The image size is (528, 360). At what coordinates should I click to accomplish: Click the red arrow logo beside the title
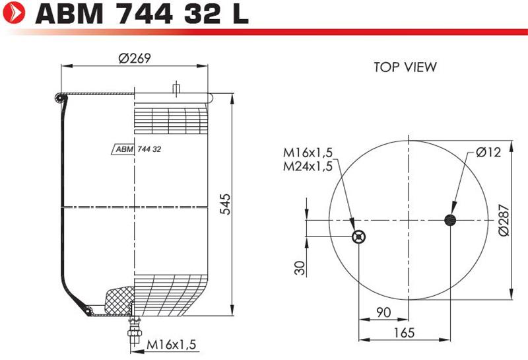click(x=14, y=13)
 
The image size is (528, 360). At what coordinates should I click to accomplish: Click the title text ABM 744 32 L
click(x=142, y=13)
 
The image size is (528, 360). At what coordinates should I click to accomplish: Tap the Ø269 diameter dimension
click(x=135, y=58)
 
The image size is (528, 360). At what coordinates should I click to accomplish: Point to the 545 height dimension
click(x=225, y=204)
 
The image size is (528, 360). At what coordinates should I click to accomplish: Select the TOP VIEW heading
click(x=405, y=67)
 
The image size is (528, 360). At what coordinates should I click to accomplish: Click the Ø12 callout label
click(x=488, y=153)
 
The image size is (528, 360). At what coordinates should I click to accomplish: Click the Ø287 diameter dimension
click(x=504, y=220)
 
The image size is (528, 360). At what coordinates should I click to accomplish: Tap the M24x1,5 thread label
click(x=308, y=166)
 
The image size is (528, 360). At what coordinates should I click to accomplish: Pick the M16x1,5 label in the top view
click(x=308, y=153)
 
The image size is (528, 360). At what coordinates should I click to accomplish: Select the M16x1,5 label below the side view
click(x=171, y=345)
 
